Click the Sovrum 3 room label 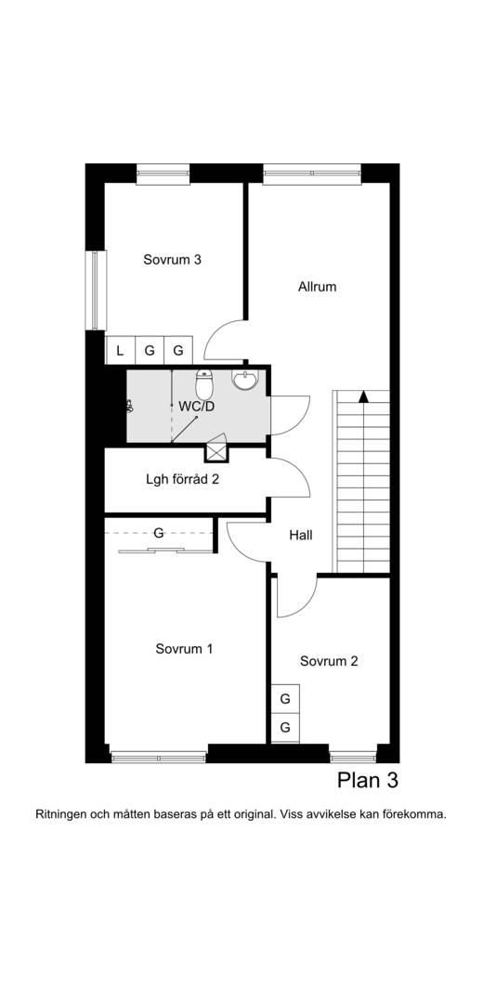172,260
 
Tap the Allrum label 317,287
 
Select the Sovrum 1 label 184,649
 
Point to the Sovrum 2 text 329,661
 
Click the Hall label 301,536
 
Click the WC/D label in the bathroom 196,407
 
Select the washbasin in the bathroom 244,379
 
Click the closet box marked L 120,350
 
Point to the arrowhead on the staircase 363,396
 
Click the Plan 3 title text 368,781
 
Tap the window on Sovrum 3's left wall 95,290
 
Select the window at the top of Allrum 312,173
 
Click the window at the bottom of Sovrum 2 353,757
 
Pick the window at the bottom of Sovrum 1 159,757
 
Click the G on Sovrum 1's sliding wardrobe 159,533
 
